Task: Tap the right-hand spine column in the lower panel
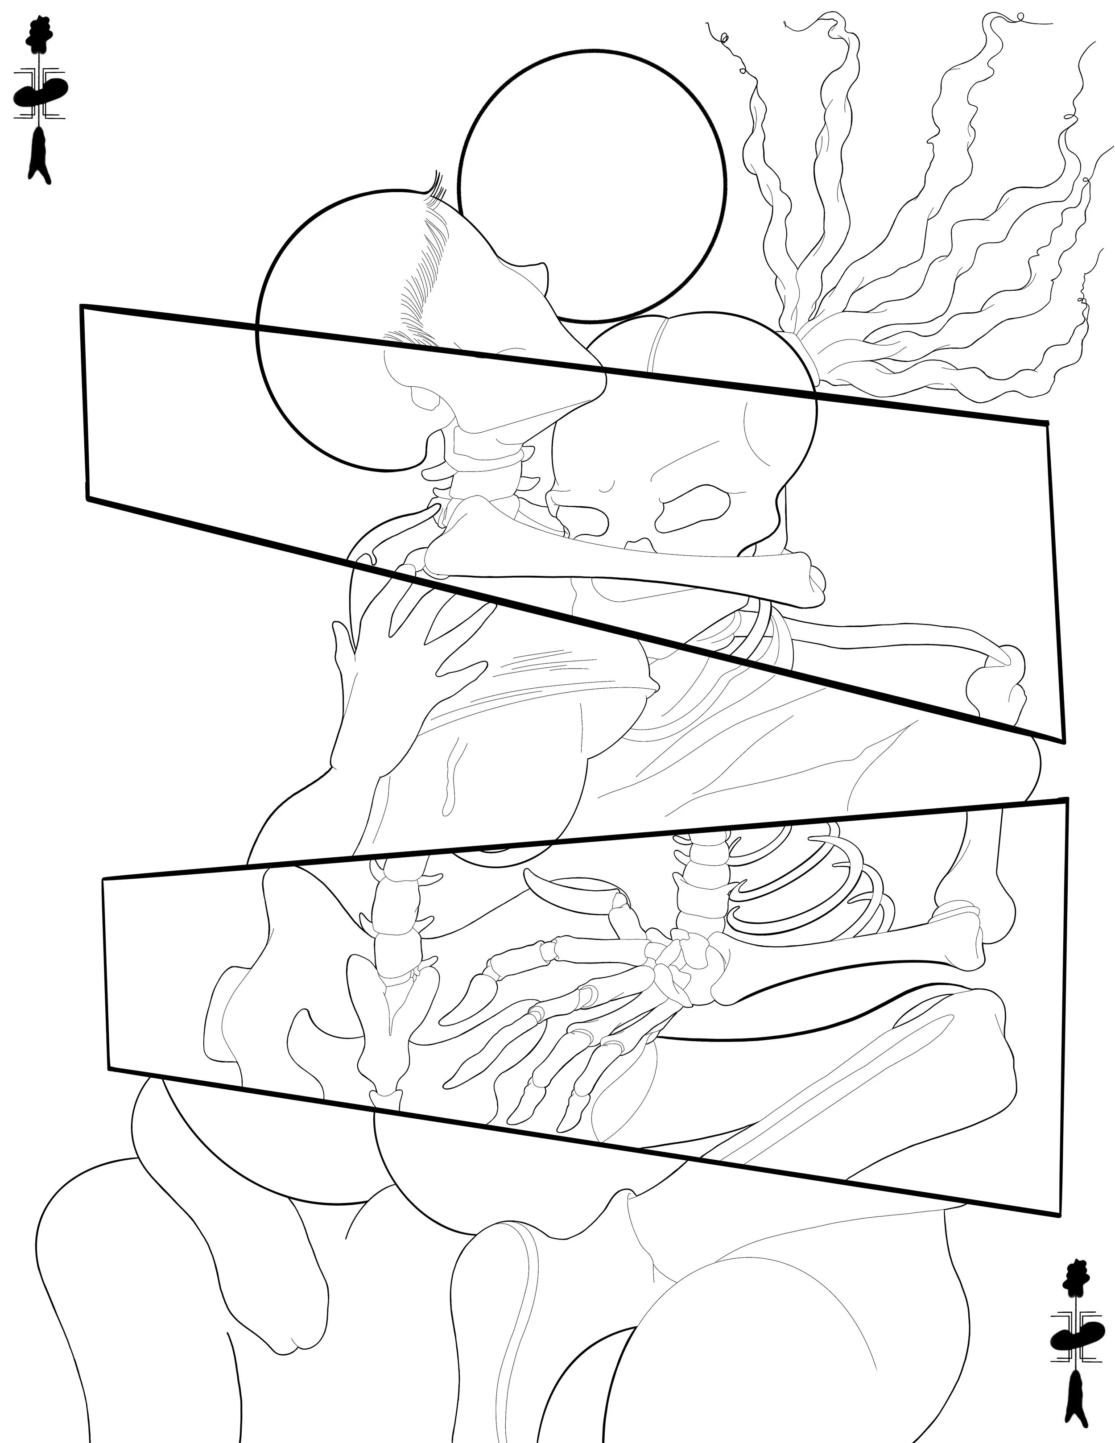coord(697,885)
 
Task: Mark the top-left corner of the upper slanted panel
coord(83,307)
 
